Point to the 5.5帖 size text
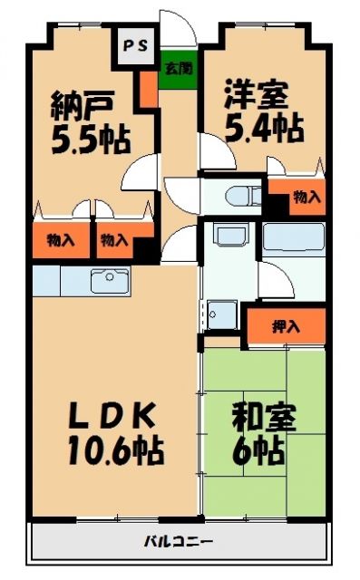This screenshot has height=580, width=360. pyautogui.click(x=89, y=140)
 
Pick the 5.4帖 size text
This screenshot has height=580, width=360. pyautogui.click(x=262, y=129)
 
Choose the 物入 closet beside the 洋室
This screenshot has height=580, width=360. pyautogui.click(x=306, y=197)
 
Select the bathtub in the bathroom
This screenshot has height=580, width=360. pyautogui.click(x=294, y=241)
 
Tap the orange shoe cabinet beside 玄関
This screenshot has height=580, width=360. pyautogui.click(x=148, y=90)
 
